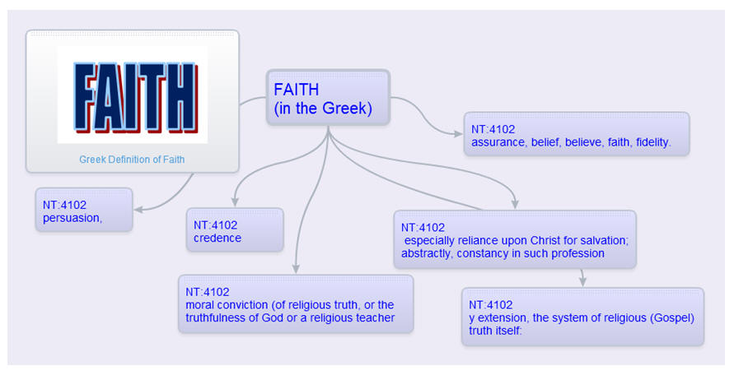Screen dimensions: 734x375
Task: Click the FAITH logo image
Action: point(133,95)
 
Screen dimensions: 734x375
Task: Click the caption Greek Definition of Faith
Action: point(132,160)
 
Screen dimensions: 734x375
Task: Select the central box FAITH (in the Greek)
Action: point(328,98)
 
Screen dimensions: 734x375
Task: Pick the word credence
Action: point(217,238)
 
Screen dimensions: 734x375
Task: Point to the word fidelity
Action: point(653,142)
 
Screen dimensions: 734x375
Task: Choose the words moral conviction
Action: point(227,305)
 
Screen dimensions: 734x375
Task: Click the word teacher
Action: point(376,318)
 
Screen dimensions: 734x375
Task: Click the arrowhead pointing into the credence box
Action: point(235,202)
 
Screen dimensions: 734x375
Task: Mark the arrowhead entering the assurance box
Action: point(459,134)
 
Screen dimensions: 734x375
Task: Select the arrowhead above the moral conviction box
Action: point(296,269)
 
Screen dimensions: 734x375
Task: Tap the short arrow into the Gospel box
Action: point(582,278)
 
